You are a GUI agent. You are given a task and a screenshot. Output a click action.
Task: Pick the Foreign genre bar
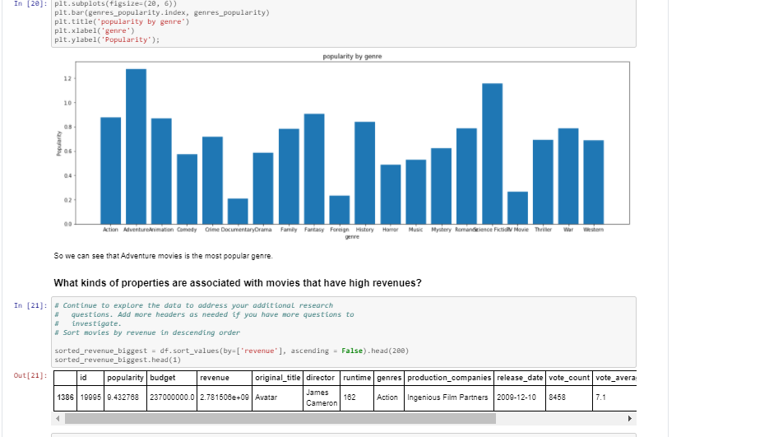click(339, 209)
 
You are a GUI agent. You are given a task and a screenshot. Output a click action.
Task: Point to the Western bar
click(593, 181)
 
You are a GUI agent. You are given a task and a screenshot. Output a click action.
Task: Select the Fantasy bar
click(314, 168)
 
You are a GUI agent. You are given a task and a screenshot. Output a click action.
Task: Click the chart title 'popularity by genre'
click(352, 56)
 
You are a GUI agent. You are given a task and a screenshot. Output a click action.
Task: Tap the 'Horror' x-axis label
click(391, 230)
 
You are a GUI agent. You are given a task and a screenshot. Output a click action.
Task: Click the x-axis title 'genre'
click(352, 236)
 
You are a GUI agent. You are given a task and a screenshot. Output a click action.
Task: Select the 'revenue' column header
click(212, 377)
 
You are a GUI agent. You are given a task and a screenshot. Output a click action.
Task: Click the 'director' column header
click(320, 377)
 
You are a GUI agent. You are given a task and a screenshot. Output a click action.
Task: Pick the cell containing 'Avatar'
click(267, 397)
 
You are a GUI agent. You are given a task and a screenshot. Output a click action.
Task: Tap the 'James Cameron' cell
click(322, 397)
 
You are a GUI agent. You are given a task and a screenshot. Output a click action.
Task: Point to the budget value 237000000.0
click(171, 397)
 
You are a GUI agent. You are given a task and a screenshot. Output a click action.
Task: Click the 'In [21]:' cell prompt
click(31, 305)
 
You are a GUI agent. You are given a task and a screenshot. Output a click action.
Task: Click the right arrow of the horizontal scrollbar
click(631, 418)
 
